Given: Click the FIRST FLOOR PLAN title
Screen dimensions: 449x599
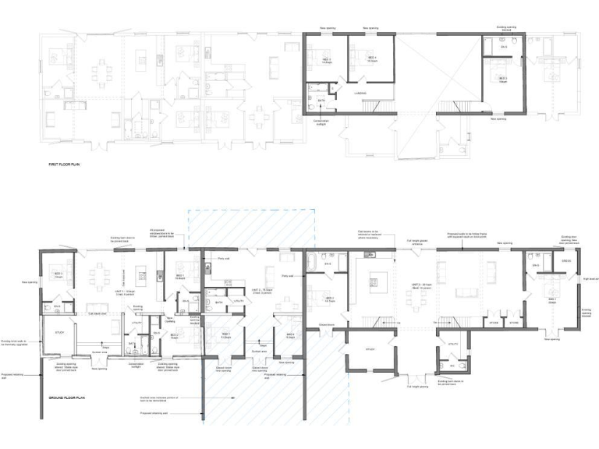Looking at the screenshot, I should (64, 165).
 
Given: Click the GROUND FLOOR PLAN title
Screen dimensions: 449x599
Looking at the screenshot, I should (66, 397).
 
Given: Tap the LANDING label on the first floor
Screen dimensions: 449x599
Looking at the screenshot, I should (360, 94).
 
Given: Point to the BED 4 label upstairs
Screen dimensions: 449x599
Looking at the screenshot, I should (361, 59).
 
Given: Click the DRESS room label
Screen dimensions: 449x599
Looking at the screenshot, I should (565, 260).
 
